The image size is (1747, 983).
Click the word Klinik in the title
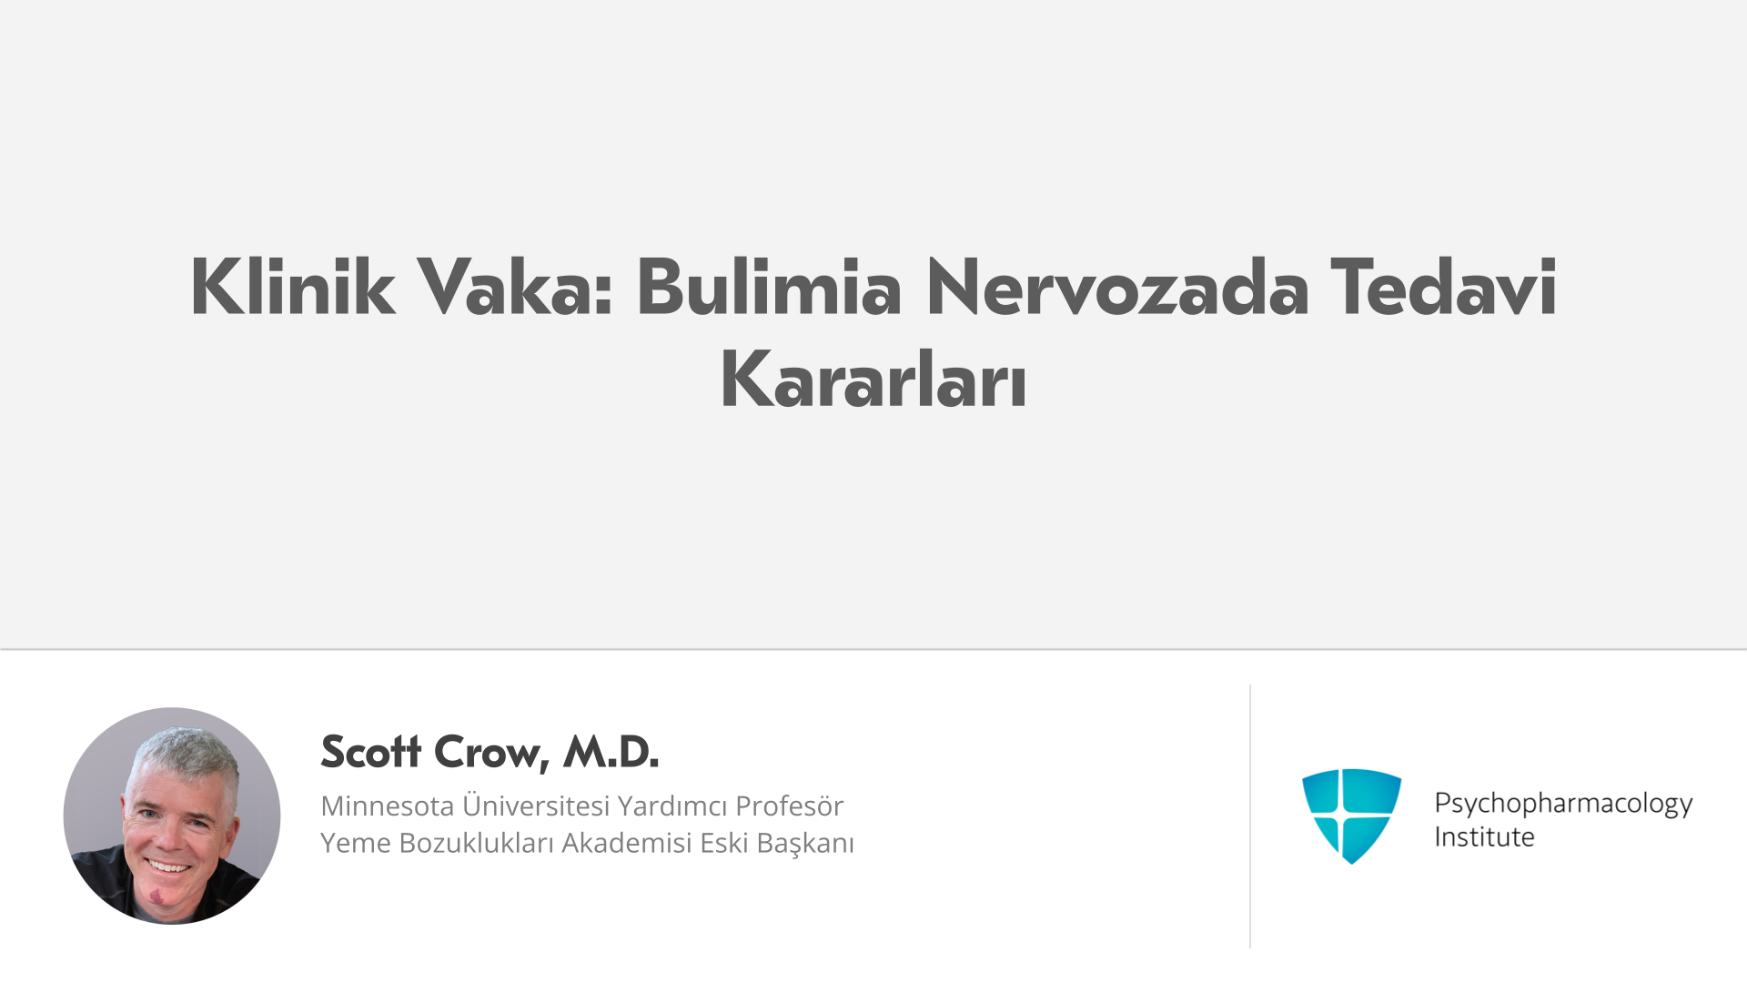(x=292, y=287)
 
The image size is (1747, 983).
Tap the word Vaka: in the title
(x=514, y=287)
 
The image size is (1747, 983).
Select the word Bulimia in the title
(x=769, y=287)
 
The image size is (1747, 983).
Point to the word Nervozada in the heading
(x=1117, y=287)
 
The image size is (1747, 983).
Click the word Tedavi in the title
(x=1443, y=287)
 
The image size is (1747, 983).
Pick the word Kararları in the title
(x=873, y=380)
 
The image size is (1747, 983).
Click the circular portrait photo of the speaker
(x=172, y=816)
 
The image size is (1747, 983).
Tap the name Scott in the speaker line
(x=371, y=752)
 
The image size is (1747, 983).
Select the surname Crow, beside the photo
(x=492, y=754)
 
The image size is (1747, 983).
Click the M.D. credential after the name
(x=611, y=752)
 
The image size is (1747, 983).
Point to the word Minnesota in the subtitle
(x=388, y=806)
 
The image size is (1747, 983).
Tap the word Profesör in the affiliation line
(x=790, y=806)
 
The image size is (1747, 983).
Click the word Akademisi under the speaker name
(x=627, y=843)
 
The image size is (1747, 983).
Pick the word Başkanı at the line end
(x=805, y=844)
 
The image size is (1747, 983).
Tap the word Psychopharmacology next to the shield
(x=1563, y=804)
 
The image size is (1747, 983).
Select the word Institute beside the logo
(x=1484, y=836)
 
